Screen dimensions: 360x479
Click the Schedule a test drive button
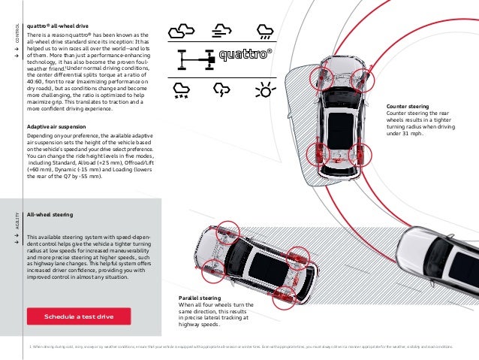click(78, 316)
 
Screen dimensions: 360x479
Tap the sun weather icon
click(264, 91)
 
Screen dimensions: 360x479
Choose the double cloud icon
click(181, 31)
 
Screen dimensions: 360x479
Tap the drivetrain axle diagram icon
click(195, 59)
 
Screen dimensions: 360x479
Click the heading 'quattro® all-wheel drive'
click(59, 24)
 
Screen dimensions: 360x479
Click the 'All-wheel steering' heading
click(50, 215)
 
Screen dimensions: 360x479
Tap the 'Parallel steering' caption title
click(200, 298)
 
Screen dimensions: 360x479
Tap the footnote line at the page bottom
click(240, 346)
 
